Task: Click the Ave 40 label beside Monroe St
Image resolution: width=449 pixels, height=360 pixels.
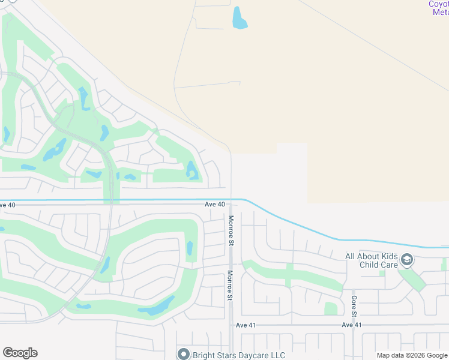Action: [x=214, y=205]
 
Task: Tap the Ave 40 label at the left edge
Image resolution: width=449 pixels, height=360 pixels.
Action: [x=7, y=205]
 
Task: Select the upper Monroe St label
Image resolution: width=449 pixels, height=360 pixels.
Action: [x=230, y=230]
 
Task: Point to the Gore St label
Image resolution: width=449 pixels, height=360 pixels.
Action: [x=354, y=307]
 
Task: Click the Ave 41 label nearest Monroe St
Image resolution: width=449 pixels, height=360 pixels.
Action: [x=246, y=325]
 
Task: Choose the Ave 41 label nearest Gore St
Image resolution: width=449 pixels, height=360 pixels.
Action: [x=352, y=325]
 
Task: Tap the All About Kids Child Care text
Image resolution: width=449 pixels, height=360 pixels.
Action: [x=372, y=260]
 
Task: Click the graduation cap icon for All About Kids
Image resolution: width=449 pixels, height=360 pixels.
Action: [x=408, y=260]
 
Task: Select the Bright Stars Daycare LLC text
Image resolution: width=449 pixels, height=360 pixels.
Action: [x=231, y=355]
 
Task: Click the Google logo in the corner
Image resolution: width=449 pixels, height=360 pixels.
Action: [x=20, y=353]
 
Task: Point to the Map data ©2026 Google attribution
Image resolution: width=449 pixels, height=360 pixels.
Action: [x=412, y=355]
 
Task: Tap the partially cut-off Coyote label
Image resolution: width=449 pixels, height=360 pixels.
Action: [x=438, y=4]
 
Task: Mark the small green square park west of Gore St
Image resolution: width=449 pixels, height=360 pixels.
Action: [x=331, y=308]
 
